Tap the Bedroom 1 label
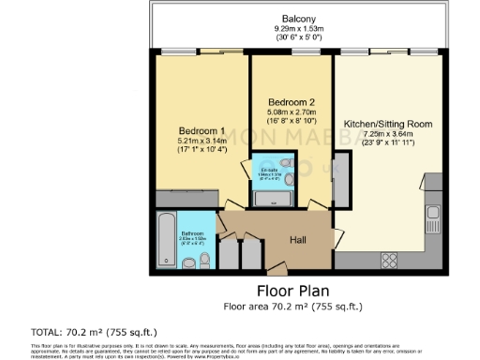pos(202,130)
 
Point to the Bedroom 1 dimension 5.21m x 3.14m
pos(202,141)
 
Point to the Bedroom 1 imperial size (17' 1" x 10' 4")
pos(202,151)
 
